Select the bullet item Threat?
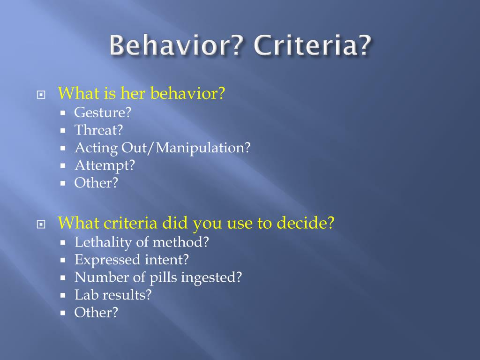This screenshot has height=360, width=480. [98, 130]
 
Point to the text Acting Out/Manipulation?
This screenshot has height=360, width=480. [163, 148]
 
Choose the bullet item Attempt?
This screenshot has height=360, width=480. [105, 165]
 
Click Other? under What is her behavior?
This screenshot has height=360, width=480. [96, 183]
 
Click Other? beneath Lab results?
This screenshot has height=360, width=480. [96, 312]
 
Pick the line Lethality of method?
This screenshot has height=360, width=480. [142, 242]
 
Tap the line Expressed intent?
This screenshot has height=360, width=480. [131, 260]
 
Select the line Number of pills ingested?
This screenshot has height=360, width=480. [158, 277]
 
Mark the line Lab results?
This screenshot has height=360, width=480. [113, 295]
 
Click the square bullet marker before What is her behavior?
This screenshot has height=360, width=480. [41, 95]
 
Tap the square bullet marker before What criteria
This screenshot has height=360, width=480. [41, 224]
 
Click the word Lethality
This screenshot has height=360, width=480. [97, 242]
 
